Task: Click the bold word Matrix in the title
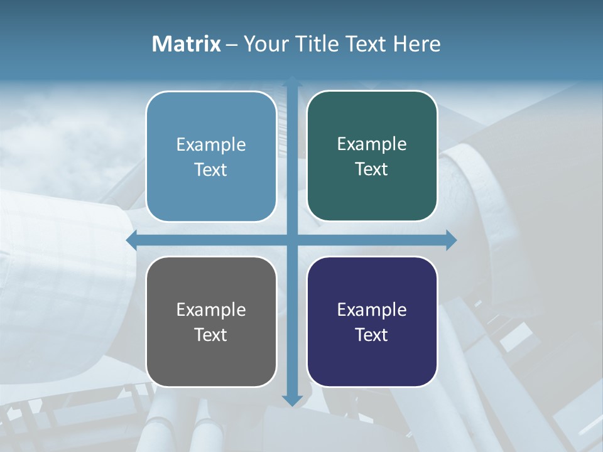[186, 44]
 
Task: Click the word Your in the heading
[264, 44]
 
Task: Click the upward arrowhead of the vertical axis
[292, 82]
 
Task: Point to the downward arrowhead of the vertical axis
[292, 400]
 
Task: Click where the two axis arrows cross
[292, 240]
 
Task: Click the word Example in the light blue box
[211, 145]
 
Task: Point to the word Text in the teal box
[372, 169]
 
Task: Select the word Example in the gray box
[211, 309]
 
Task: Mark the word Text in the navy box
[372, 335]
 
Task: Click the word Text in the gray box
[211, 335]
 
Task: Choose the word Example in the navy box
[372, 309]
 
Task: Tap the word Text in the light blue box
[211, 170]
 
